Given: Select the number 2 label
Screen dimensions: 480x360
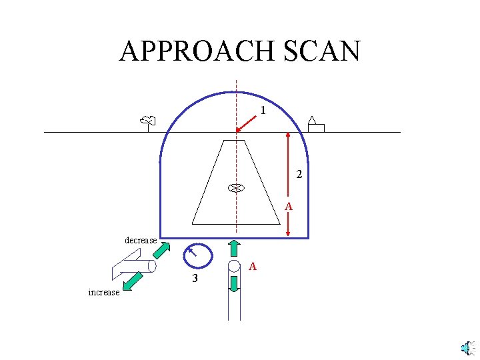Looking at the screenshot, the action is coord(299,175).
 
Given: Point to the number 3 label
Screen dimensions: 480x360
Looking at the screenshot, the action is coord(195,279).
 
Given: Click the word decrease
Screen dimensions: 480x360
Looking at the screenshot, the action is coord(141,240).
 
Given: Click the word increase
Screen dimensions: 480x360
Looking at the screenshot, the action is coord(103,292).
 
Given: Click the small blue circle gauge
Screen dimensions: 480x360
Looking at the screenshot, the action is coord(197,255).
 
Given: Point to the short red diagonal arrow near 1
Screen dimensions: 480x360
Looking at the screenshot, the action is coord(247,123).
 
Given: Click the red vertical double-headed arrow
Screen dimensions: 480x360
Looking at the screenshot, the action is coord(287,183).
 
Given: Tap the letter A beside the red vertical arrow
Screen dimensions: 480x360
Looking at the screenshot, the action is coord(289,207).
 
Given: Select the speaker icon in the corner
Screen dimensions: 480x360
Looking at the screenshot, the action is coord(467,347).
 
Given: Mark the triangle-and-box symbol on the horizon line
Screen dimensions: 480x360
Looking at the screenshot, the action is coord(315,125).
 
